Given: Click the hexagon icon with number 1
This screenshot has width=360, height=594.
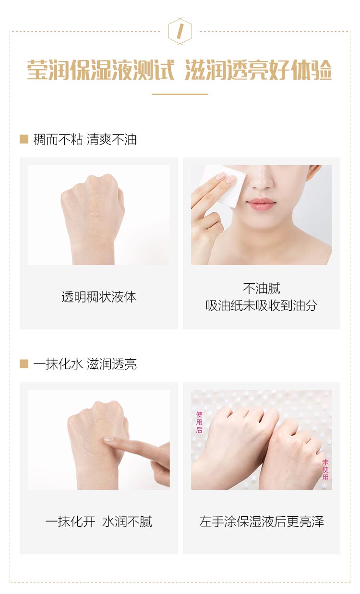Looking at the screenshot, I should (180, 31).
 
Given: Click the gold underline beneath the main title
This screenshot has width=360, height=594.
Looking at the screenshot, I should (180, 94).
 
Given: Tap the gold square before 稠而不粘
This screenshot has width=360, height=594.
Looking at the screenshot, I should (24, 139).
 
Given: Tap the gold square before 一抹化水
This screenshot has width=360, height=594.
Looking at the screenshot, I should (24, 364).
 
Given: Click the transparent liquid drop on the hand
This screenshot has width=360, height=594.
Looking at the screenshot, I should (94, 209).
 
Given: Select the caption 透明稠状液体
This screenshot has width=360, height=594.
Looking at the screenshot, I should (99, 297).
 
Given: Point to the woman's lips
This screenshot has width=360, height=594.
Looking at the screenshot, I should (261, 204).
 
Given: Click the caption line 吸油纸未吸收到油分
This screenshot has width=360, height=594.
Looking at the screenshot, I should (262, 305).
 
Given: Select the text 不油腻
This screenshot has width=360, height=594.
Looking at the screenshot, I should (262, 288).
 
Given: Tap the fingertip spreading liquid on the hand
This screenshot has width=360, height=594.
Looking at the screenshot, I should (108, 439).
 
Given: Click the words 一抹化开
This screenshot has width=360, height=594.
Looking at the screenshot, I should (70, 521).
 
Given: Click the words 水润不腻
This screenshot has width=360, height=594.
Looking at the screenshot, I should (127, 521).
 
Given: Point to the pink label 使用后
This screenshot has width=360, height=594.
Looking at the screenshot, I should (199, 422).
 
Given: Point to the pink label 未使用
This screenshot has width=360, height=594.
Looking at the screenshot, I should (325, 470).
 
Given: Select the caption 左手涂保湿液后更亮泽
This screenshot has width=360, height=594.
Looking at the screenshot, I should (262, 521).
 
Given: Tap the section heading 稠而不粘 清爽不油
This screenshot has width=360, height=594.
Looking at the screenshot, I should (85, 139).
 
